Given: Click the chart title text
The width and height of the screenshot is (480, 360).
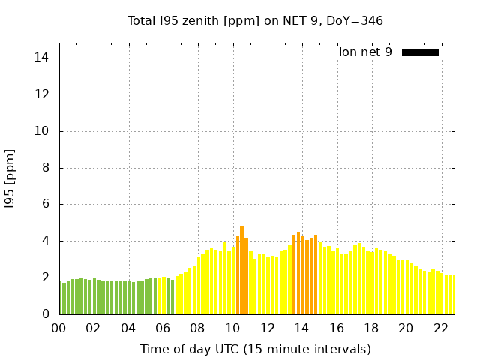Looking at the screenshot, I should [x=255, y=20].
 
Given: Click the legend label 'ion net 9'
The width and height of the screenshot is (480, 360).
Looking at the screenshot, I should [x=365, y=52].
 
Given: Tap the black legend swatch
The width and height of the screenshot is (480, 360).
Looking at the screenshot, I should [x=420, y=52].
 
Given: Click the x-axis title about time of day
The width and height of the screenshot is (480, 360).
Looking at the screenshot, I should [x=255, y=349].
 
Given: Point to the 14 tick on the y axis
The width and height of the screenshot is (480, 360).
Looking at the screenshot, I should [x=43, y=58].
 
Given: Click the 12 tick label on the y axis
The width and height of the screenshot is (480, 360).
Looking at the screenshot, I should [x=43, y=94].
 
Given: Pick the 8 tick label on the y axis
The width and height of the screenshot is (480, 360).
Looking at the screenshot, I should [x=46, y=168].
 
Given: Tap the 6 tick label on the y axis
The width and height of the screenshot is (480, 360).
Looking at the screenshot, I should [x=46, y=204].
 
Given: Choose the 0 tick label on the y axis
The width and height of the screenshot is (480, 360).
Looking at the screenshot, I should [x=46, y=314].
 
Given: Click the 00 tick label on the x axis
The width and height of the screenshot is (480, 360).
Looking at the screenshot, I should [x=58, y=328].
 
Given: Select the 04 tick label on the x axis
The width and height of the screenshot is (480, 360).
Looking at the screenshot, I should [x=128, y=328].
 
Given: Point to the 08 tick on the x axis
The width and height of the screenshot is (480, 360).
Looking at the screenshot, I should [x=197, y=328].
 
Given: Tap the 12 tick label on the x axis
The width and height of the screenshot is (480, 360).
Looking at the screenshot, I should [x=267, y=328].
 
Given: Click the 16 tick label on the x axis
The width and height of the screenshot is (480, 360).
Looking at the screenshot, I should [x=336, y=328].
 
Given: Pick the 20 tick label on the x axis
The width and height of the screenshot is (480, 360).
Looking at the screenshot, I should [x=406, y=328].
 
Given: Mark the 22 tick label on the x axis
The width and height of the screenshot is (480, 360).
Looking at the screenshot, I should [x=440, y=328].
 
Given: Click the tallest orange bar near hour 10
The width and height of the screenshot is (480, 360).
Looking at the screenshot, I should [x=241, y=270].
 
